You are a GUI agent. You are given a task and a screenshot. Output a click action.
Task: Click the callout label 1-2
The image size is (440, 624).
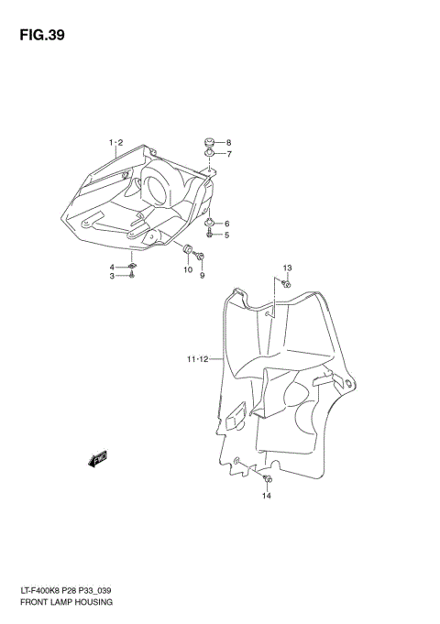(x=115, y=142)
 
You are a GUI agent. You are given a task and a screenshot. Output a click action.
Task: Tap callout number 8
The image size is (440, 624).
(x=228, y=142)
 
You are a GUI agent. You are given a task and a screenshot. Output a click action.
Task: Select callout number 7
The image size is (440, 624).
(x=228, y=154)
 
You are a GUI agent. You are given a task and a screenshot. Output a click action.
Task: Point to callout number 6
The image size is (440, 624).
(x=226, y=224)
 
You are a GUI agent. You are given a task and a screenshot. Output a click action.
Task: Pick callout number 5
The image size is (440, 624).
(x=226, y=235)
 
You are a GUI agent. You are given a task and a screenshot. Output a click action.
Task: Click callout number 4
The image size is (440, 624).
(x=113, y=266)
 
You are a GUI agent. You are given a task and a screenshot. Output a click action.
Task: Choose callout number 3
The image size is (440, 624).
(x=113, y=276)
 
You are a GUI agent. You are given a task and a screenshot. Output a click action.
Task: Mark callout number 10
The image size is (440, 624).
(x=187, y=269)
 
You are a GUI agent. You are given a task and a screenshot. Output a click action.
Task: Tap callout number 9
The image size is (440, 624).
(x=202, y=276)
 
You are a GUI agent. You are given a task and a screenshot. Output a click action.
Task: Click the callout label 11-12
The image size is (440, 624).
(x=199, y=359)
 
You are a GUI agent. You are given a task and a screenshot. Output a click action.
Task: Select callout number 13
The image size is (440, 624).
(x=286, y=268)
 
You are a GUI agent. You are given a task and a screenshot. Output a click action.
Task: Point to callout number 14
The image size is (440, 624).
(x=267, y=497)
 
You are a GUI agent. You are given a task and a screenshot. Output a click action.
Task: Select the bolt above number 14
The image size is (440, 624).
(x=267, y=479)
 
